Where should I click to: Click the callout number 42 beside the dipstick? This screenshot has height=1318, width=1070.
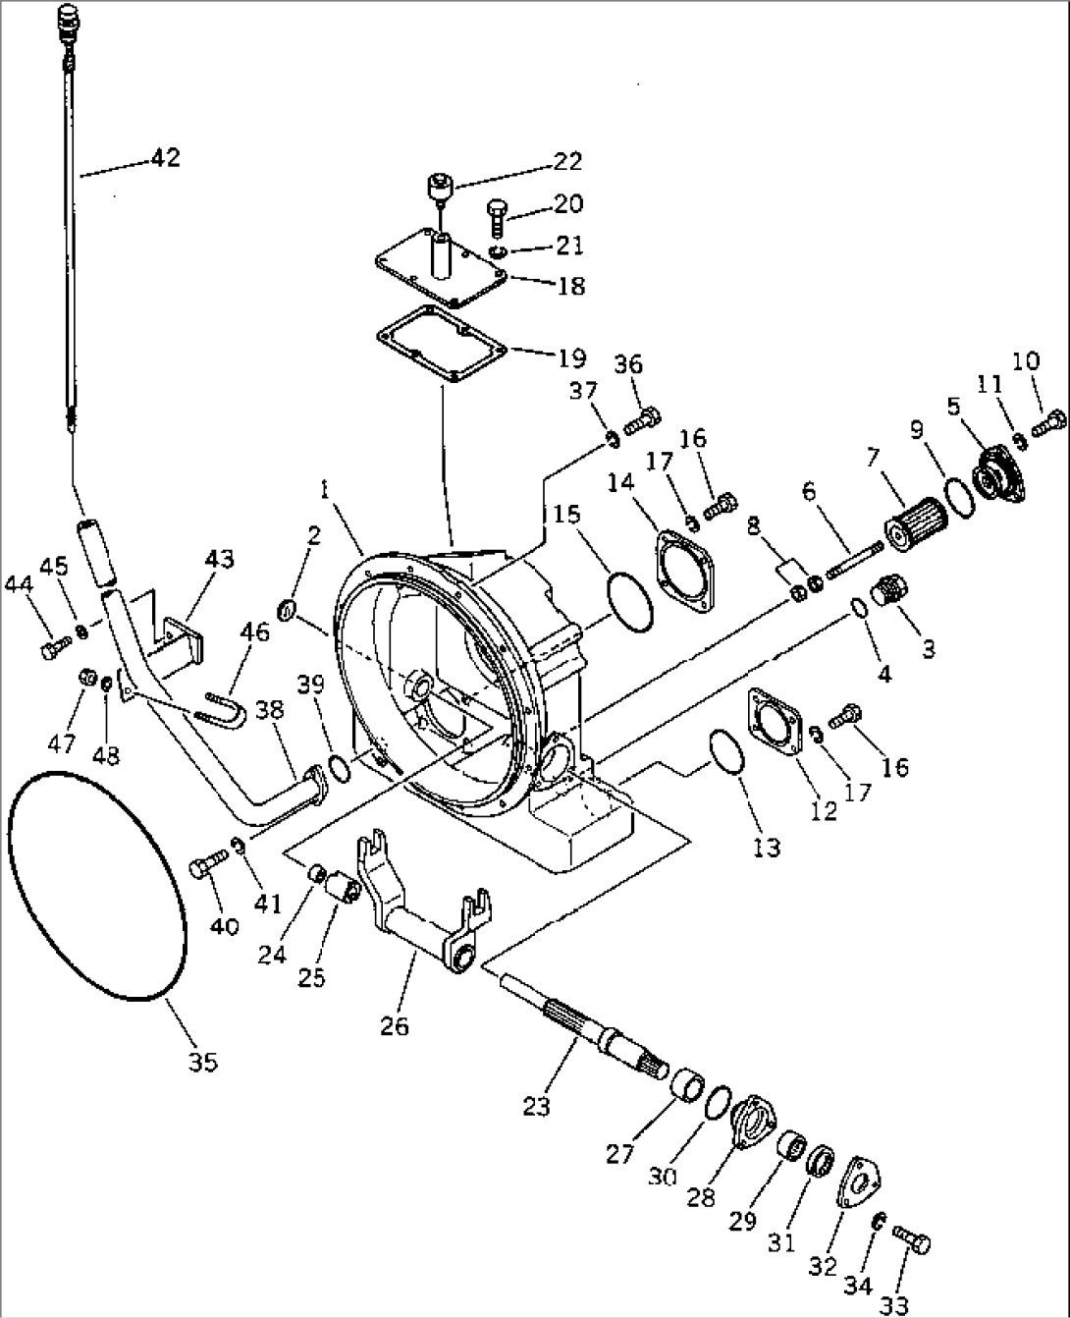tap(165, 158)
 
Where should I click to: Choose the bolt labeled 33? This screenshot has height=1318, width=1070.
tap(913, 1243)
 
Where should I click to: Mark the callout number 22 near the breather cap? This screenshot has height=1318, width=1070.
tap(566, 161)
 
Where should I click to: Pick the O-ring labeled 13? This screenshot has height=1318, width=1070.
tap(724, 754)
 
